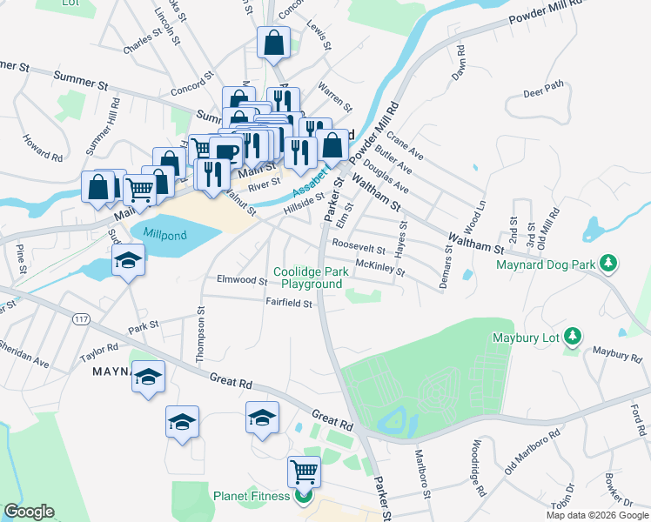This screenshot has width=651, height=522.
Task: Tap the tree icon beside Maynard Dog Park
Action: [609, 263]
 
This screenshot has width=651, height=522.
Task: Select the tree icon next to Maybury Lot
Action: [572, 335]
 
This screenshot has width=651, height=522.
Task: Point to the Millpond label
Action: [165, 235]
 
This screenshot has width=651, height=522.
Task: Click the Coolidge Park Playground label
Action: [311, 278]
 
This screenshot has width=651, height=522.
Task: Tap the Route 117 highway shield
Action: [81, 319]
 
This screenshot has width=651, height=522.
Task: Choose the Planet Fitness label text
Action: [252, 498]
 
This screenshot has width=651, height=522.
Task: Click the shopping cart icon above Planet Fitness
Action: [304, 471]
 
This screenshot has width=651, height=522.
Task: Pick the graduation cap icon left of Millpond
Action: [128, 260]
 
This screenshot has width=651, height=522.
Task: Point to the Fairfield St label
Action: [289, 304]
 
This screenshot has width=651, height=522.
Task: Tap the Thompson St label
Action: [201, 331]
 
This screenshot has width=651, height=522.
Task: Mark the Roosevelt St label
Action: [358, 249]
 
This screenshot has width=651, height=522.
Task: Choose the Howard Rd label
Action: [44, 148]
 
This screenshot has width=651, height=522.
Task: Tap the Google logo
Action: [29, 512]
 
